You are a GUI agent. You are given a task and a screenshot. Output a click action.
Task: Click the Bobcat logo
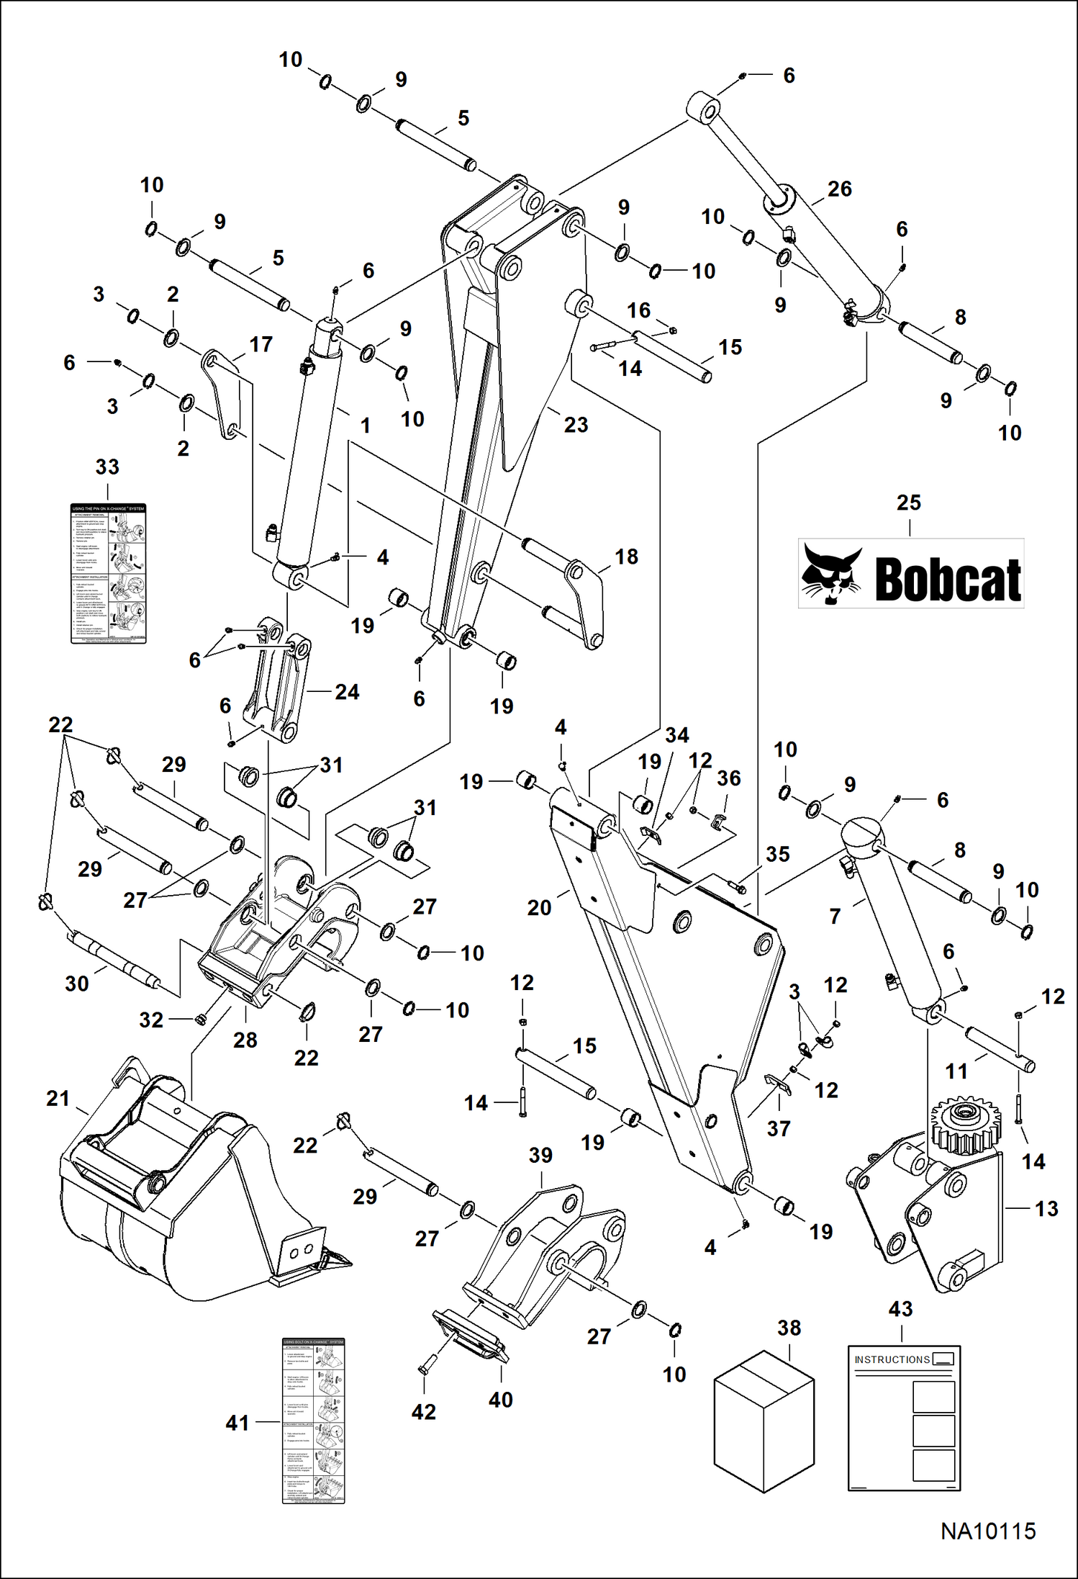pyautogui.click(x=911, y=574)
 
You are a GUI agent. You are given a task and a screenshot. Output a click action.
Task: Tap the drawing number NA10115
pyautogui.click(x=988, y=1531)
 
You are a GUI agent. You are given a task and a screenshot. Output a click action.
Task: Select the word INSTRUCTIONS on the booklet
pyautogui.click(x=892, y=1359)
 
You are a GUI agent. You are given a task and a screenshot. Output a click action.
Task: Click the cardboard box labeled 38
pyautogui.click(x=764, y=1421)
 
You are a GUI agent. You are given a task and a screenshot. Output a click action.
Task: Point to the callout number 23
pyautogui.click(x=576, y=425)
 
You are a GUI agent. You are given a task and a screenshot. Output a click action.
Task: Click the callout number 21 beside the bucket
pyautogui.click(x=58, y=1099)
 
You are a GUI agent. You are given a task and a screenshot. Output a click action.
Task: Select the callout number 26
pyautogui.click(x=839, y=189)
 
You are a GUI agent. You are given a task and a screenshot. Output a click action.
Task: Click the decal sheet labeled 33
pyautogui.click(x=108, y=573)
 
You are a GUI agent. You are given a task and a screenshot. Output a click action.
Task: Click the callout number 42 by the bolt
pyautogui.click(x=423, y=1412)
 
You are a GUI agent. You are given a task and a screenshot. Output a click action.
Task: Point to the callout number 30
pyautogui.click(x=77, y=984)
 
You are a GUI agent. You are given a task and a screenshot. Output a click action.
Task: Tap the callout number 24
pyautogui.click(x=347, y=692)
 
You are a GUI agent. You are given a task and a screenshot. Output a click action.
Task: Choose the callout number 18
pyautogui.click(x=626, y=557)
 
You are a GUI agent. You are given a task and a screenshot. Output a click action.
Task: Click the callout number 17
pyautogui.click(x=261, y=345)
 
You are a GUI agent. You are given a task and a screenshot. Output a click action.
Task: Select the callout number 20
pyautogui.click(x=539, y=908)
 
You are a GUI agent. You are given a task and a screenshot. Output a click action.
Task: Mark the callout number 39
pyautogui.click(x=540, y=1156)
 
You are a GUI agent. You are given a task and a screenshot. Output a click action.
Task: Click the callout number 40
pyautogui.click(x=501, y=1400)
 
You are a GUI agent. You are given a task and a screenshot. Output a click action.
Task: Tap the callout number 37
pyautogui.click(x=779, y=1128)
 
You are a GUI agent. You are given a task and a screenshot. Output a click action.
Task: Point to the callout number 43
pyautogui.click(x=900, y=1309)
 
